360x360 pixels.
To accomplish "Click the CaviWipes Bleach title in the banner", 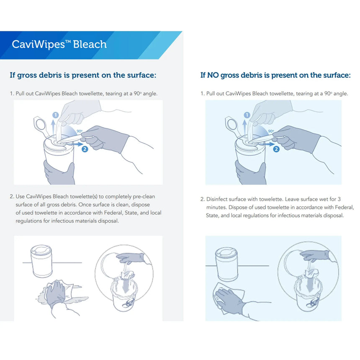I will tap(59, 44).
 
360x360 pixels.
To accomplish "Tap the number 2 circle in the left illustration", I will tap(85, 149).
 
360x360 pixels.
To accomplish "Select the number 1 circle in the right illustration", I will tap(247, 115).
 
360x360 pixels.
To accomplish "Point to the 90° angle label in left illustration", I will tap(80, 131).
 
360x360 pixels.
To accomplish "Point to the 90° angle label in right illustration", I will tap(271, 131).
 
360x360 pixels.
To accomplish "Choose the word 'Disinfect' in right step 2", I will tap(219, 199).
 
